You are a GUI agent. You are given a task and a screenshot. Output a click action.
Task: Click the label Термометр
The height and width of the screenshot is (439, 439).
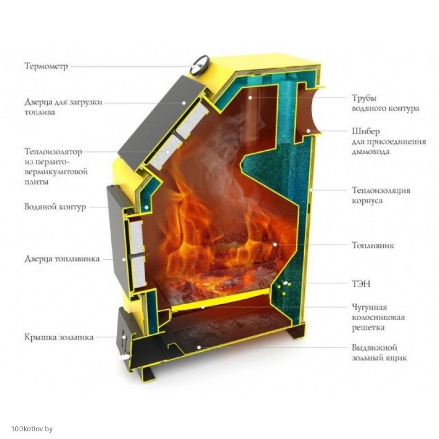[46, 66]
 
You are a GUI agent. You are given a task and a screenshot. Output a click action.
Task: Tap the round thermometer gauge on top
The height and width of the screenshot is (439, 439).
[199, 66]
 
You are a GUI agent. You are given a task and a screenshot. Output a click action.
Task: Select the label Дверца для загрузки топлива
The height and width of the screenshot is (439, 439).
[63, 107]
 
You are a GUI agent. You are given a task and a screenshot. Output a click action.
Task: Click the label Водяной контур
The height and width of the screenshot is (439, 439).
[55, 207]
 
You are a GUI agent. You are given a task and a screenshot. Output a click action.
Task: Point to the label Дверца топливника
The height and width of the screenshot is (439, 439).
[62, 259]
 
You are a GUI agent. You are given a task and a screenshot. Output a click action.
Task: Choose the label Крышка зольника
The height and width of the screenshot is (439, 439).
[59, 337]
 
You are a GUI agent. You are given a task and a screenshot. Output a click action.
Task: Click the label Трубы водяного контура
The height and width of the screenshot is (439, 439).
[385, 103]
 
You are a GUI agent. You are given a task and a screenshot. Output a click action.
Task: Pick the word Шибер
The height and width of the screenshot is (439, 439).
[366, 131]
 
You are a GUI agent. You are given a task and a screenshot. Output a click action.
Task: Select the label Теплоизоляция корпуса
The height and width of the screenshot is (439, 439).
[381, 195]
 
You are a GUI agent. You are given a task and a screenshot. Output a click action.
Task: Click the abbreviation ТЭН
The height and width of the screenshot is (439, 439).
[361, 284]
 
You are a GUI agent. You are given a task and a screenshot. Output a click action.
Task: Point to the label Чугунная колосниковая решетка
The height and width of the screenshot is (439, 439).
[378, 317]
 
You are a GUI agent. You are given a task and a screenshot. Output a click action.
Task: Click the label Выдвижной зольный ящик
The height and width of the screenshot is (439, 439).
[379, 352]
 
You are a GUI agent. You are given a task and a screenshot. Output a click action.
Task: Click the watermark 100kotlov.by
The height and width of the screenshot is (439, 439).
[32, 429]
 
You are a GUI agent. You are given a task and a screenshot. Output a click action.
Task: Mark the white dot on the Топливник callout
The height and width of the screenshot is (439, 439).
[275, 244]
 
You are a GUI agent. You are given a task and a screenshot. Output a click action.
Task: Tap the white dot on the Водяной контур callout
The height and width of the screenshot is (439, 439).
[146, 207]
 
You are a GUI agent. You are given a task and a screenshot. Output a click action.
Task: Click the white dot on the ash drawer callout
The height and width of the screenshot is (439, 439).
[199, 347]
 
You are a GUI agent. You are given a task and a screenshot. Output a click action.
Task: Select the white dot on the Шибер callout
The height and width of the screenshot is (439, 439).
[308, 130]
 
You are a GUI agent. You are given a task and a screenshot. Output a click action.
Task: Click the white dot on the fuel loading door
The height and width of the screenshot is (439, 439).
[184, 102]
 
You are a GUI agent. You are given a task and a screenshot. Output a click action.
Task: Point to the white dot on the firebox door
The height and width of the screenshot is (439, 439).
[124, 259]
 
